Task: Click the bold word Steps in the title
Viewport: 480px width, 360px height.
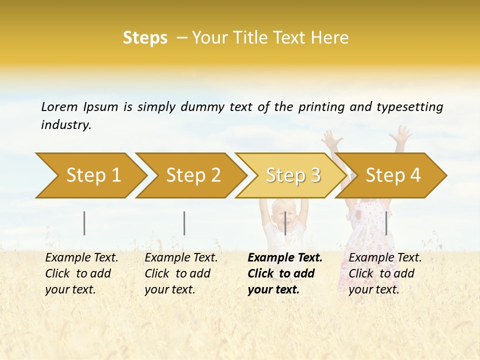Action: (145, 38)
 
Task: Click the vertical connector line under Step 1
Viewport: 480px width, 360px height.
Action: (84, 223)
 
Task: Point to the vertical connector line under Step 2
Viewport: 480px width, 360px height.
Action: (184, 223)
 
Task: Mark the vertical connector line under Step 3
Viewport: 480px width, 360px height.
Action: (285, 223)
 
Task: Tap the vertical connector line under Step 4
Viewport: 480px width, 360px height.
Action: (386, 223)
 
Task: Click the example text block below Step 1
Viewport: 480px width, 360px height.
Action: (81, 273)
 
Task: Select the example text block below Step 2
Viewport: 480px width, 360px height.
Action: (181, 273)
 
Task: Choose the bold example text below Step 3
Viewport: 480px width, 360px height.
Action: (284, 273)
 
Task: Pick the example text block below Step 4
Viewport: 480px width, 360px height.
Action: (385, 273)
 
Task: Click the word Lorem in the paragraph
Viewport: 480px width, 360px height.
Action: (59, 106)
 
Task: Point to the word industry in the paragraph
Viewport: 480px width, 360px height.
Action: (65, 125)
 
